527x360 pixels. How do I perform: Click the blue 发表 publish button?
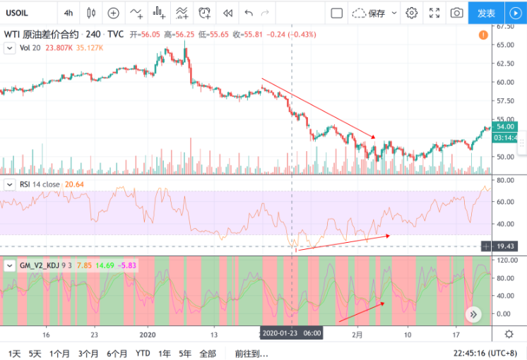click(486, 13)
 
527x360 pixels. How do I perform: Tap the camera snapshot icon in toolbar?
click(457, 13)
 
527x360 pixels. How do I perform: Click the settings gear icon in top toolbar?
click(412, 13)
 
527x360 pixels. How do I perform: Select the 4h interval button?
click(68, 13)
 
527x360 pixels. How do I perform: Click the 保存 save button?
click(369, 13)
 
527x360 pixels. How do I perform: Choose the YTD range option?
click(143, 352)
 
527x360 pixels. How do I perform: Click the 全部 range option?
click(208, 352)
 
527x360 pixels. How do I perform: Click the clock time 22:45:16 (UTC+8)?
click(488, 352)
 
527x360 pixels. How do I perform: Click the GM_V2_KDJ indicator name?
click(43, 265)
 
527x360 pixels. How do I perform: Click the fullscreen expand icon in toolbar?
click(435, 13)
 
